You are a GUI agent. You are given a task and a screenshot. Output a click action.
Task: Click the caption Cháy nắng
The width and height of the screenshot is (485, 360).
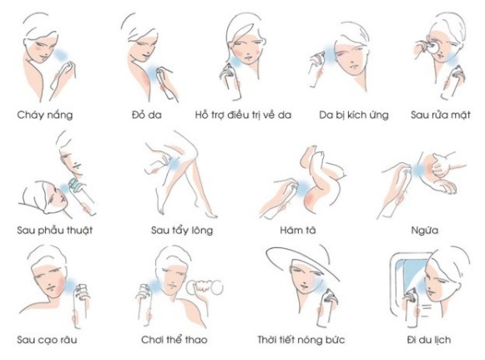(45, 115)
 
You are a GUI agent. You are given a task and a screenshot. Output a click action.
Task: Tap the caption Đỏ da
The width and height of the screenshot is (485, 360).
(147, 114)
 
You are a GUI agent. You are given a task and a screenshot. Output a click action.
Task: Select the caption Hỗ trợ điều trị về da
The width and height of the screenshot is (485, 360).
(243, 115)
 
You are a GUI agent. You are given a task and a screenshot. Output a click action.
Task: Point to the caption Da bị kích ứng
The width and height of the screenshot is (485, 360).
(354, 115)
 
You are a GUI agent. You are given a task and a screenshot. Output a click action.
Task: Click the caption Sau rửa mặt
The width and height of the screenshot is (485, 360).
(441, 115)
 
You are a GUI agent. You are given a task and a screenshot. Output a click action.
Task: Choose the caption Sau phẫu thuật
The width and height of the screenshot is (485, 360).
(55, 231)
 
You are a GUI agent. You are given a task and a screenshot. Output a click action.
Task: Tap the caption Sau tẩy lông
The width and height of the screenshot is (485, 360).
(182, 231)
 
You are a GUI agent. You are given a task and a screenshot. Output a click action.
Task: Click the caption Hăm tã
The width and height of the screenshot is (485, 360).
(298, 231)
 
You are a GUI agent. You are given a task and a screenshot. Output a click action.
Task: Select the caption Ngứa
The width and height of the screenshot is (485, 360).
(425, 231)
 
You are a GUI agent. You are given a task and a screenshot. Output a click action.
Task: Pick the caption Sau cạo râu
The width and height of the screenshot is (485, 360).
(47, 340)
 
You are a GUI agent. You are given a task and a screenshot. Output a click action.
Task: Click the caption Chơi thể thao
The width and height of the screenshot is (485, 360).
(174, 340)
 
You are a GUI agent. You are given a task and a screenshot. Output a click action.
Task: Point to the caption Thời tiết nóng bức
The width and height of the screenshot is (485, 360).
(301, 340)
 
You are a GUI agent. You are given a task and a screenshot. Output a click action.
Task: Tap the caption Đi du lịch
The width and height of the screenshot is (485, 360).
(429, 340)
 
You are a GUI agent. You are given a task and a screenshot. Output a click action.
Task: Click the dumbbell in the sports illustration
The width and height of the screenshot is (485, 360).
(205, 287)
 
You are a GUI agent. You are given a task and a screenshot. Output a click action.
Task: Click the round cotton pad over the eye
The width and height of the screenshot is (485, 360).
(432, 48)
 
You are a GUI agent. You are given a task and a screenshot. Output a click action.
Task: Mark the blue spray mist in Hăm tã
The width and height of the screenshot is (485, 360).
(302, 187)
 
